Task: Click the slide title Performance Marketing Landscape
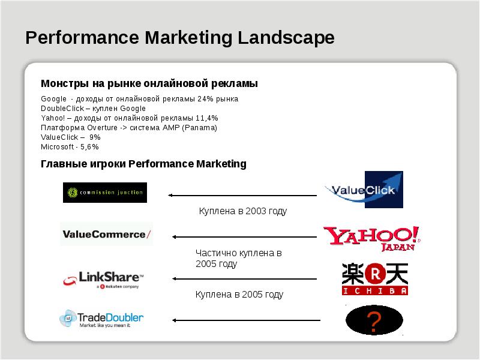(x=180, y=38)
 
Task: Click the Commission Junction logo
(x=105, y=193)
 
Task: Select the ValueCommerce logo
(x=107, y=234)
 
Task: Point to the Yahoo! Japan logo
(x=371, y=238)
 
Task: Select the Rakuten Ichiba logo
(x=374, y=278)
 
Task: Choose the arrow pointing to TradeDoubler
(x=247, y=320)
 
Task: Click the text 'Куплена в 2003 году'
(x=243, y=211)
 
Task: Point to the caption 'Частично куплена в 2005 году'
(x=239, y=259)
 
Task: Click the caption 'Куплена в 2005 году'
(x=239, y=295)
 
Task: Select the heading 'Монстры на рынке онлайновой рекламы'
(x=149, y=83)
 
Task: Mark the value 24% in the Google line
(x=205, y=98)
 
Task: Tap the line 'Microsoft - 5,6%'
(x=70, y=146)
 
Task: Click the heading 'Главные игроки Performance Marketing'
(x=143, y=164)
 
